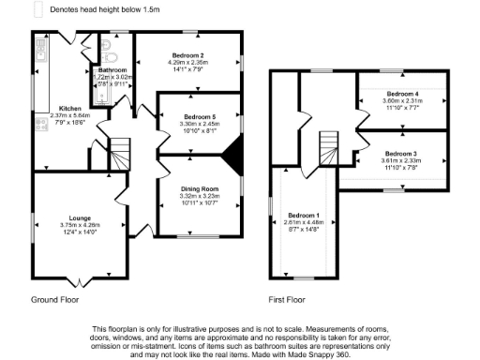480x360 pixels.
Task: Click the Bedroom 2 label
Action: click(x=188, y=55)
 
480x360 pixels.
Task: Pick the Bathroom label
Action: click(x=112, y=70)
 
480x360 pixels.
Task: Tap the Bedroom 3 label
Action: click(x=400, y=153)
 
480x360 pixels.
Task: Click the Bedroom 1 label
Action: click(x=304, y=215)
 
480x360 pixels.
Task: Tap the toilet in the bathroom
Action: click(x=111, y=44)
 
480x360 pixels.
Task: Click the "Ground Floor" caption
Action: click(x=54, y=300)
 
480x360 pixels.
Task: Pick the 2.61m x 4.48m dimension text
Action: click(x=304, y=222)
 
